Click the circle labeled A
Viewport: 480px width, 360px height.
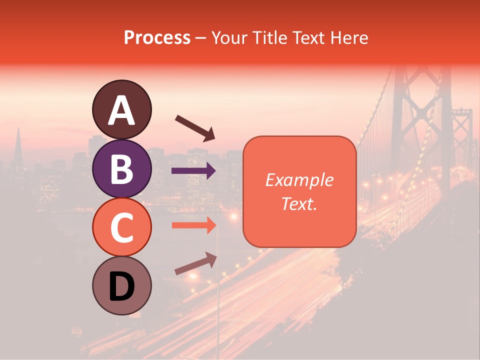coord(121,109)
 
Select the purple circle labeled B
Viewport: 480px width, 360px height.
coord(121,168)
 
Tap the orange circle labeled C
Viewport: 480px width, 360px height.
coord(121,227)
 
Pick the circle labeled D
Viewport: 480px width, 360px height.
coord(121,285)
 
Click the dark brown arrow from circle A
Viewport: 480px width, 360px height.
coord(194,127)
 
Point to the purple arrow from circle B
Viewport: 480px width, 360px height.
coord(193,171)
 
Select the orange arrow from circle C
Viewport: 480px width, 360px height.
coord(193,225)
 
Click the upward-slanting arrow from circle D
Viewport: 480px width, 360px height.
coord(195,263)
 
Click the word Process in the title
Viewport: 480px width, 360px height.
coord(157,38)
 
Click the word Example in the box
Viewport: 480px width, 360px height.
coord(299,180)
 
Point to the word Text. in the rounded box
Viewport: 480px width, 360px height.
coord(299,203)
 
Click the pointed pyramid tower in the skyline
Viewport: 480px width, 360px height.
coord(18,150)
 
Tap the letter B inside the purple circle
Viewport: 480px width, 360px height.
coord(121,169)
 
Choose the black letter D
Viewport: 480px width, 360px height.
coord(121,286)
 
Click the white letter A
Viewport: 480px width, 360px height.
coord(121,110)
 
